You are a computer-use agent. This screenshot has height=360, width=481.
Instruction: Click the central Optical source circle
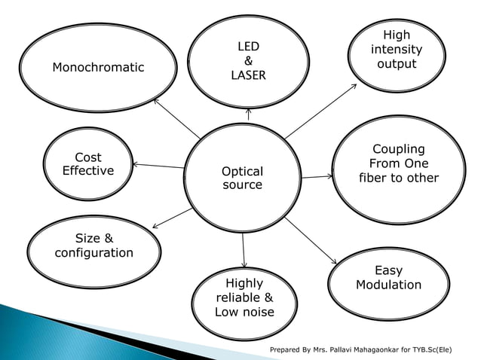(x=242, y=178)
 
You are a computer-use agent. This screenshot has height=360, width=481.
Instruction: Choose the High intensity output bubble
(x=397, y=50)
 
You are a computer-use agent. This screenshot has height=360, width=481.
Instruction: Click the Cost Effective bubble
(x=88, y=164)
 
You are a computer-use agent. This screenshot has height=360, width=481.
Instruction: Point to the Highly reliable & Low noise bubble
(x=244, y=297)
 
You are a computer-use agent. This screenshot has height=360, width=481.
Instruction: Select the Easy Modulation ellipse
(x=388, y=278)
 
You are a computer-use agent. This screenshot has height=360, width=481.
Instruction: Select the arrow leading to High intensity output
(x=321, y=110)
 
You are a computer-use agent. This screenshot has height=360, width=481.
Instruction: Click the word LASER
(x=248, y=76)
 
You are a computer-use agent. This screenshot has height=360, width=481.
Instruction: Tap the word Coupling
(x=399, y=149)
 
